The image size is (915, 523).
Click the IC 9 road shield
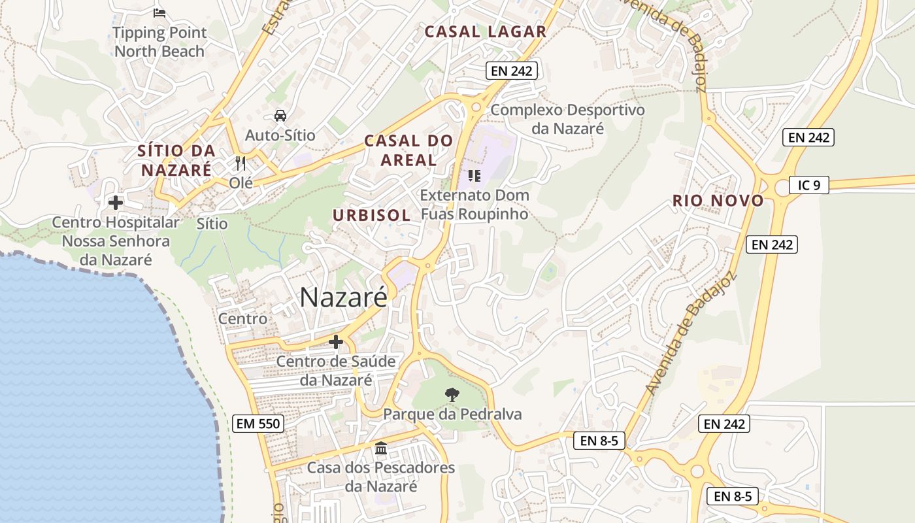808,185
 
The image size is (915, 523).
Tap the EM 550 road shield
258,424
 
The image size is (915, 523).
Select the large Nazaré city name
343,297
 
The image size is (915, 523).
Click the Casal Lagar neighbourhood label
485,31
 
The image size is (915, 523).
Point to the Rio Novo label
718,201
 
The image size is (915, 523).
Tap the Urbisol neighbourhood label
371,215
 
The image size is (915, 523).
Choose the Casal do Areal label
408,150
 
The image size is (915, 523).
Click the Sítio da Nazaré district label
175,160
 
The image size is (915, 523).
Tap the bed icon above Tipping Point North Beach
159,12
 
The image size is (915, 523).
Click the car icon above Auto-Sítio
280,116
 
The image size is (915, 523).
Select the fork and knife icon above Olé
241,163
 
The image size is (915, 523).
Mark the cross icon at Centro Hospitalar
116,203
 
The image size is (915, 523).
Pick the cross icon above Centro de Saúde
336,341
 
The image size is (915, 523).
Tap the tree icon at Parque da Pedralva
452,394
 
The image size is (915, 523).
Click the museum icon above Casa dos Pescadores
381,448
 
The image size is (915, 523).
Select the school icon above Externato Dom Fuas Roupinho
474,175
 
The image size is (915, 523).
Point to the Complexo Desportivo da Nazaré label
567,118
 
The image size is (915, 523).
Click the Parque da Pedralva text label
452,414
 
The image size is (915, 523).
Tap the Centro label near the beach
242,318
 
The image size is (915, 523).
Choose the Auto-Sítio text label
280,135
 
